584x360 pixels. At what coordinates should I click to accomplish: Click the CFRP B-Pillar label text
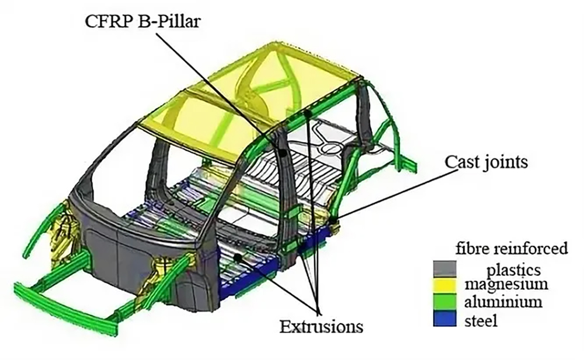tap(142, 21)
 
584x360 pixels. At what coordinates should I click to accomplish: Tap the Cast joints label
tap(486, 162)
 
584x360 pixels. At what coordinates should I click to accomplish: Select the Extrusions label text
tap(321, 327)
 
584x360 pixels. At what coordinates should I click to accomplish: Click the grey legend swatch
tap(444, 269)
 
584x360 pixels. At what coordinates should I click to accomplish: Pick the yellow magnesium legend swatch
tap(444, 285)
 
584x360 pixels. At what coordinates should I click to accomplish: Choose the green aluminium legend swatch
tap(444, 302)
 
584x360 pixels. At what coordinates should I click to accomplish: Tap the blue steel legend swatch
tap(444, 319)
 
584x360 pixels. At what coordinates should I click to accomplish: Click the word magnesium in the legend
tap(506, 285)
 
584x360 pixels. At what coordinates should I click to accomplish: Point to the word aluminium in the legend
tap(503, 302)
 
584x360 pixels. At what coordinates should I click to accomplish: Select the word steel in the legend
tap(481, 320)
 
